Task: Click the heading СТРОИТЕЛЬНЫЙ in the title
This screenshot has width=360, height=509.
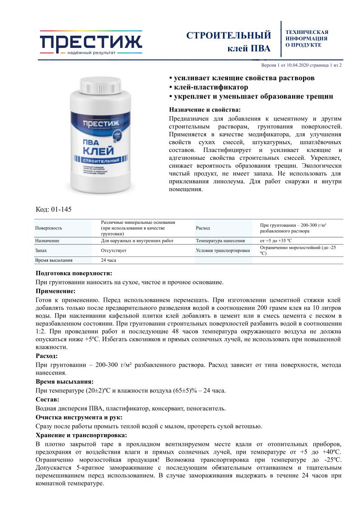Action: tap(229, 35)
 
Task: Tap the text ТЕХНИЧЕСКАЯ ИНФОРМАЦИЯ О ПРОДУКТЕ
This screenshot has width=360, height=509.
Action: tap(306, 38)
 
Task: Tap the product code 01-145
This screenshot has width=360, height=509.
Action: tap(54, 209)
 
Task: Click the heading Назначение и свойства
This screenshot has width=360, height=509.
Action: tap(204, 109)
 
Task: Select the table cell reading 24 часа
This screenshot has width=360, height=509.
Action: tap(109, 260)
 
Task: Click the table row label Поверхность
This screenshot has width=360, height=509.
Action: tap(48, 228)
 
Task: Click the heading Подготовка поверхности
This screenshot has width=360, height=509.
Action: tap(74, 273)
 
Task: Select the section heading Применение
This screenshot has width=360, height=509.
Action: tap(55, 291)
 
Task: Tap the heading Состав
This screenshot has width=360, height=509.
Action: tap(47, 399)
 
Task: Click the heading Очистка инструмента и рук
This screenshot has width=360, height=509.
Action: tap(79, 417)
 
